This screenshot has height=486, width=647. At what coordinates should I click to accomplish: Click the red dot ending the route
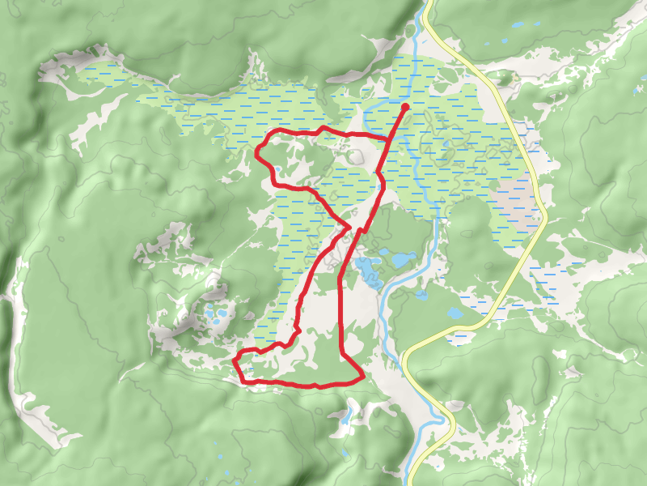[405, 106]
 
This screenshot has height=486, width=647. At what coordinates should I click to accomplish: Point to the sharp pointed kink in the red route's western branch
[349, 224]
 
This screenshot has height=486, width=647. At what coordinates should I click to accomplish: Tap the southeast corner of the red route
[361, 376]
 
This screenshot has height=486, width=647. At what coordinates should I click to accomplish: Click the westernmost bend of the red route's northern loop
[257, 152]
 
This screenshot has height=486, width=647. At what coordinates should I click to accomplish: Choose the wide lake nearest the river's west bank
[401, 259]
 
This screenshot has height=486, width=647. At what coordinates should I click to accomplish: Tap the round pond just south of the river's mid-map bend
[421, 296]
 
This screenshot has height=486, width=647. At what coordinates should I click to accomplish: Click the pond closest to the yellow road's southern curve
[455, 313]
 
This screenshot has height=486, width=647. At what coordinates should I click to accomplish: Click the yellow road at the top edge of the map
[428, 3]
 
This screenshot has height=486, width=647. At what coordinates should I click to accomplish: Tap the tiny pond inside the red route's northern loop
[277, 169]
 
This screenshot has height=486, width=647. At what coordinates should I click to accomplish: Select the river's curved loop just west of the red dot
[369, 117]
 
